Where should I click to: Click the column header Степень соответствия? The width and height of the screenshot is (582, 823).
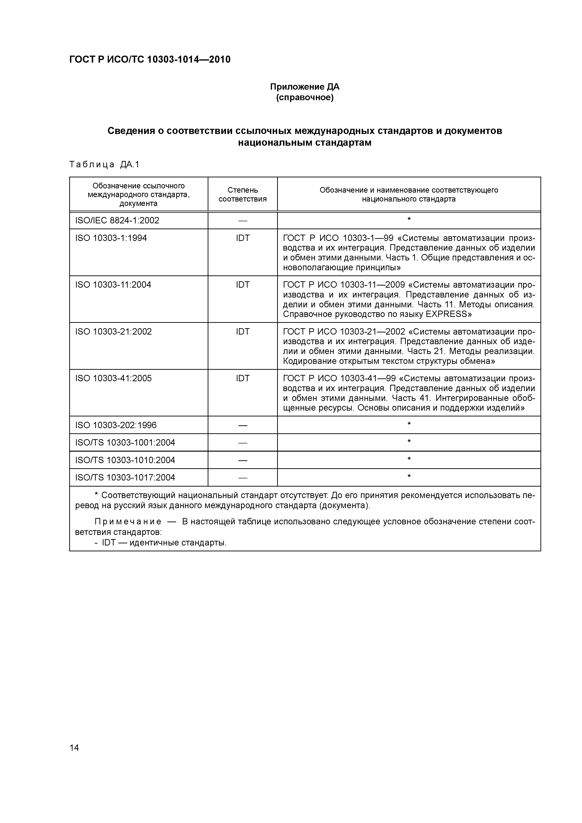pyautogui.click(x=242, y=194)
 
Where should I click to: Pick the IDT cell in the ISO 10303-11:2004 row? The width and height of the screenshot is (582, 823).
pyautogui.click(x=242, y=285)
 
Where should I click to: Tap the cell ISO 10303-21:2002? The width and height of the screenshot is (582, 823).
pyautogui.click(x=113, y=331)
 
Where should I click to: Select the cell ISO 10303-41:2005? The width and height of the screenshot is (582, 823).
pyautogui.click(x=113, y=378)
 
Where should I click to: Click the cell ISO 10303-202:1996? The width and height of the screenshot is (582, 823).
pyautogui.click(x=116, y=425)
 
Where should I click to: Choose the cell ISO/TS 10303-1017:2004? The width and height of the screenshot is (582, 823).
pyautogui.click(x=125, y=477)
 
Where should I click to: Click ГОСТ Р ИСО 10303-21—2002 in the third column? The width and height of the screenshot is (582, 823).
pyautogui.click(x=344, y=331)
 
